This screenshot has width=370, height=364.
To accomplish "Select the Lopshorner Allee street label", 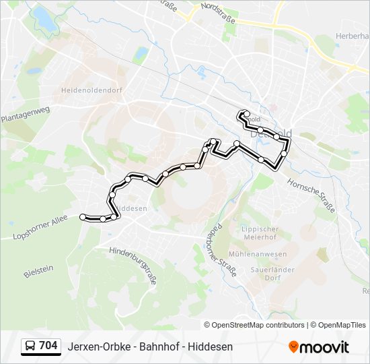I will point(40,229).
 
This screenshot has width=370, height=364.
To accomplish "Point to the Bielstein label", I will point(38,270).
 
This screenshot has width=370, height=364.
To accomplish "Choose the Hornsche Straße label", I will point(311,195).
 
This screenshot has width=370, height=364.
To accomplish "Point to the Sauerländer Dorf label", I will point(264,272).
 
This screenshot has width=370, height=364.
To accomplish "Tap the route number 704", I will point(48,346).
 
